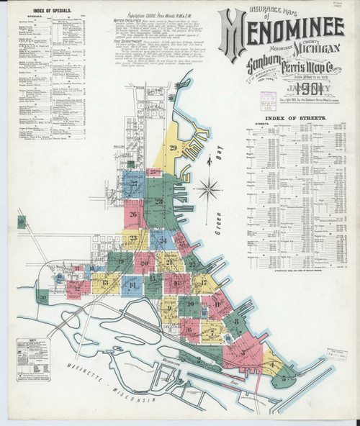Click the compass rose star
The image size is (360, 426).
pyautogui.click(x=210, y=190)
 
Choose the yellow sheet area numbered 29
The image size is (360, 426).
pyautogui.click(x=173, y=148)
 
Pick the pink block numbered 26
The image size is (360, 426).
pyautogui.click(x=133, y=214)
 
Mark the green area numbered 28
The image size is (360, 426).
pyautogui.click(x=158, y=201)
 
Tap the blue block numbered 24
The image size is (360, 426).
pyautogui.click(x=163, y=240)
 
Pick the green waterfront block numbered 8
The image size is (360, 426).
pyautogui.click(x=235, y=321)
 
